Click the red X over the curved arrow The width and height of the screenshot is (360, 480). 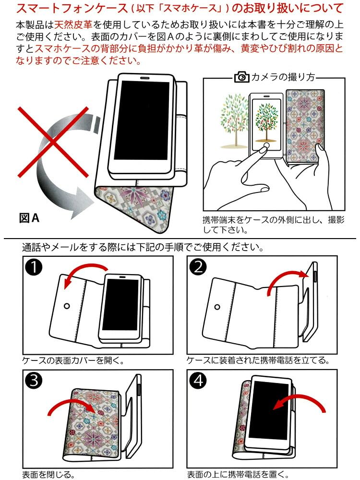click(x=53, y=143)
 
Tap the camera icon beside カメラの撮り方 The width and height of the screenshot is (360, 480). click(x=241, y=77)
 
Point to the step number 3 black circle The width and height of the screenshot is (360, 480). click(x=36, y=382)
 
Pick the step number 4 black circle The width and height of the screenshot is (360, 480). click(x=198, y=382)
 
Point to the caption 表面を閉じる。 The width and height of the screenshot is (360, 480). click(x=48, y=475)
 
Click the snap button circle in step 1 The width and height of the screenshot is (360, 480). click(x=67, y=305)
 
